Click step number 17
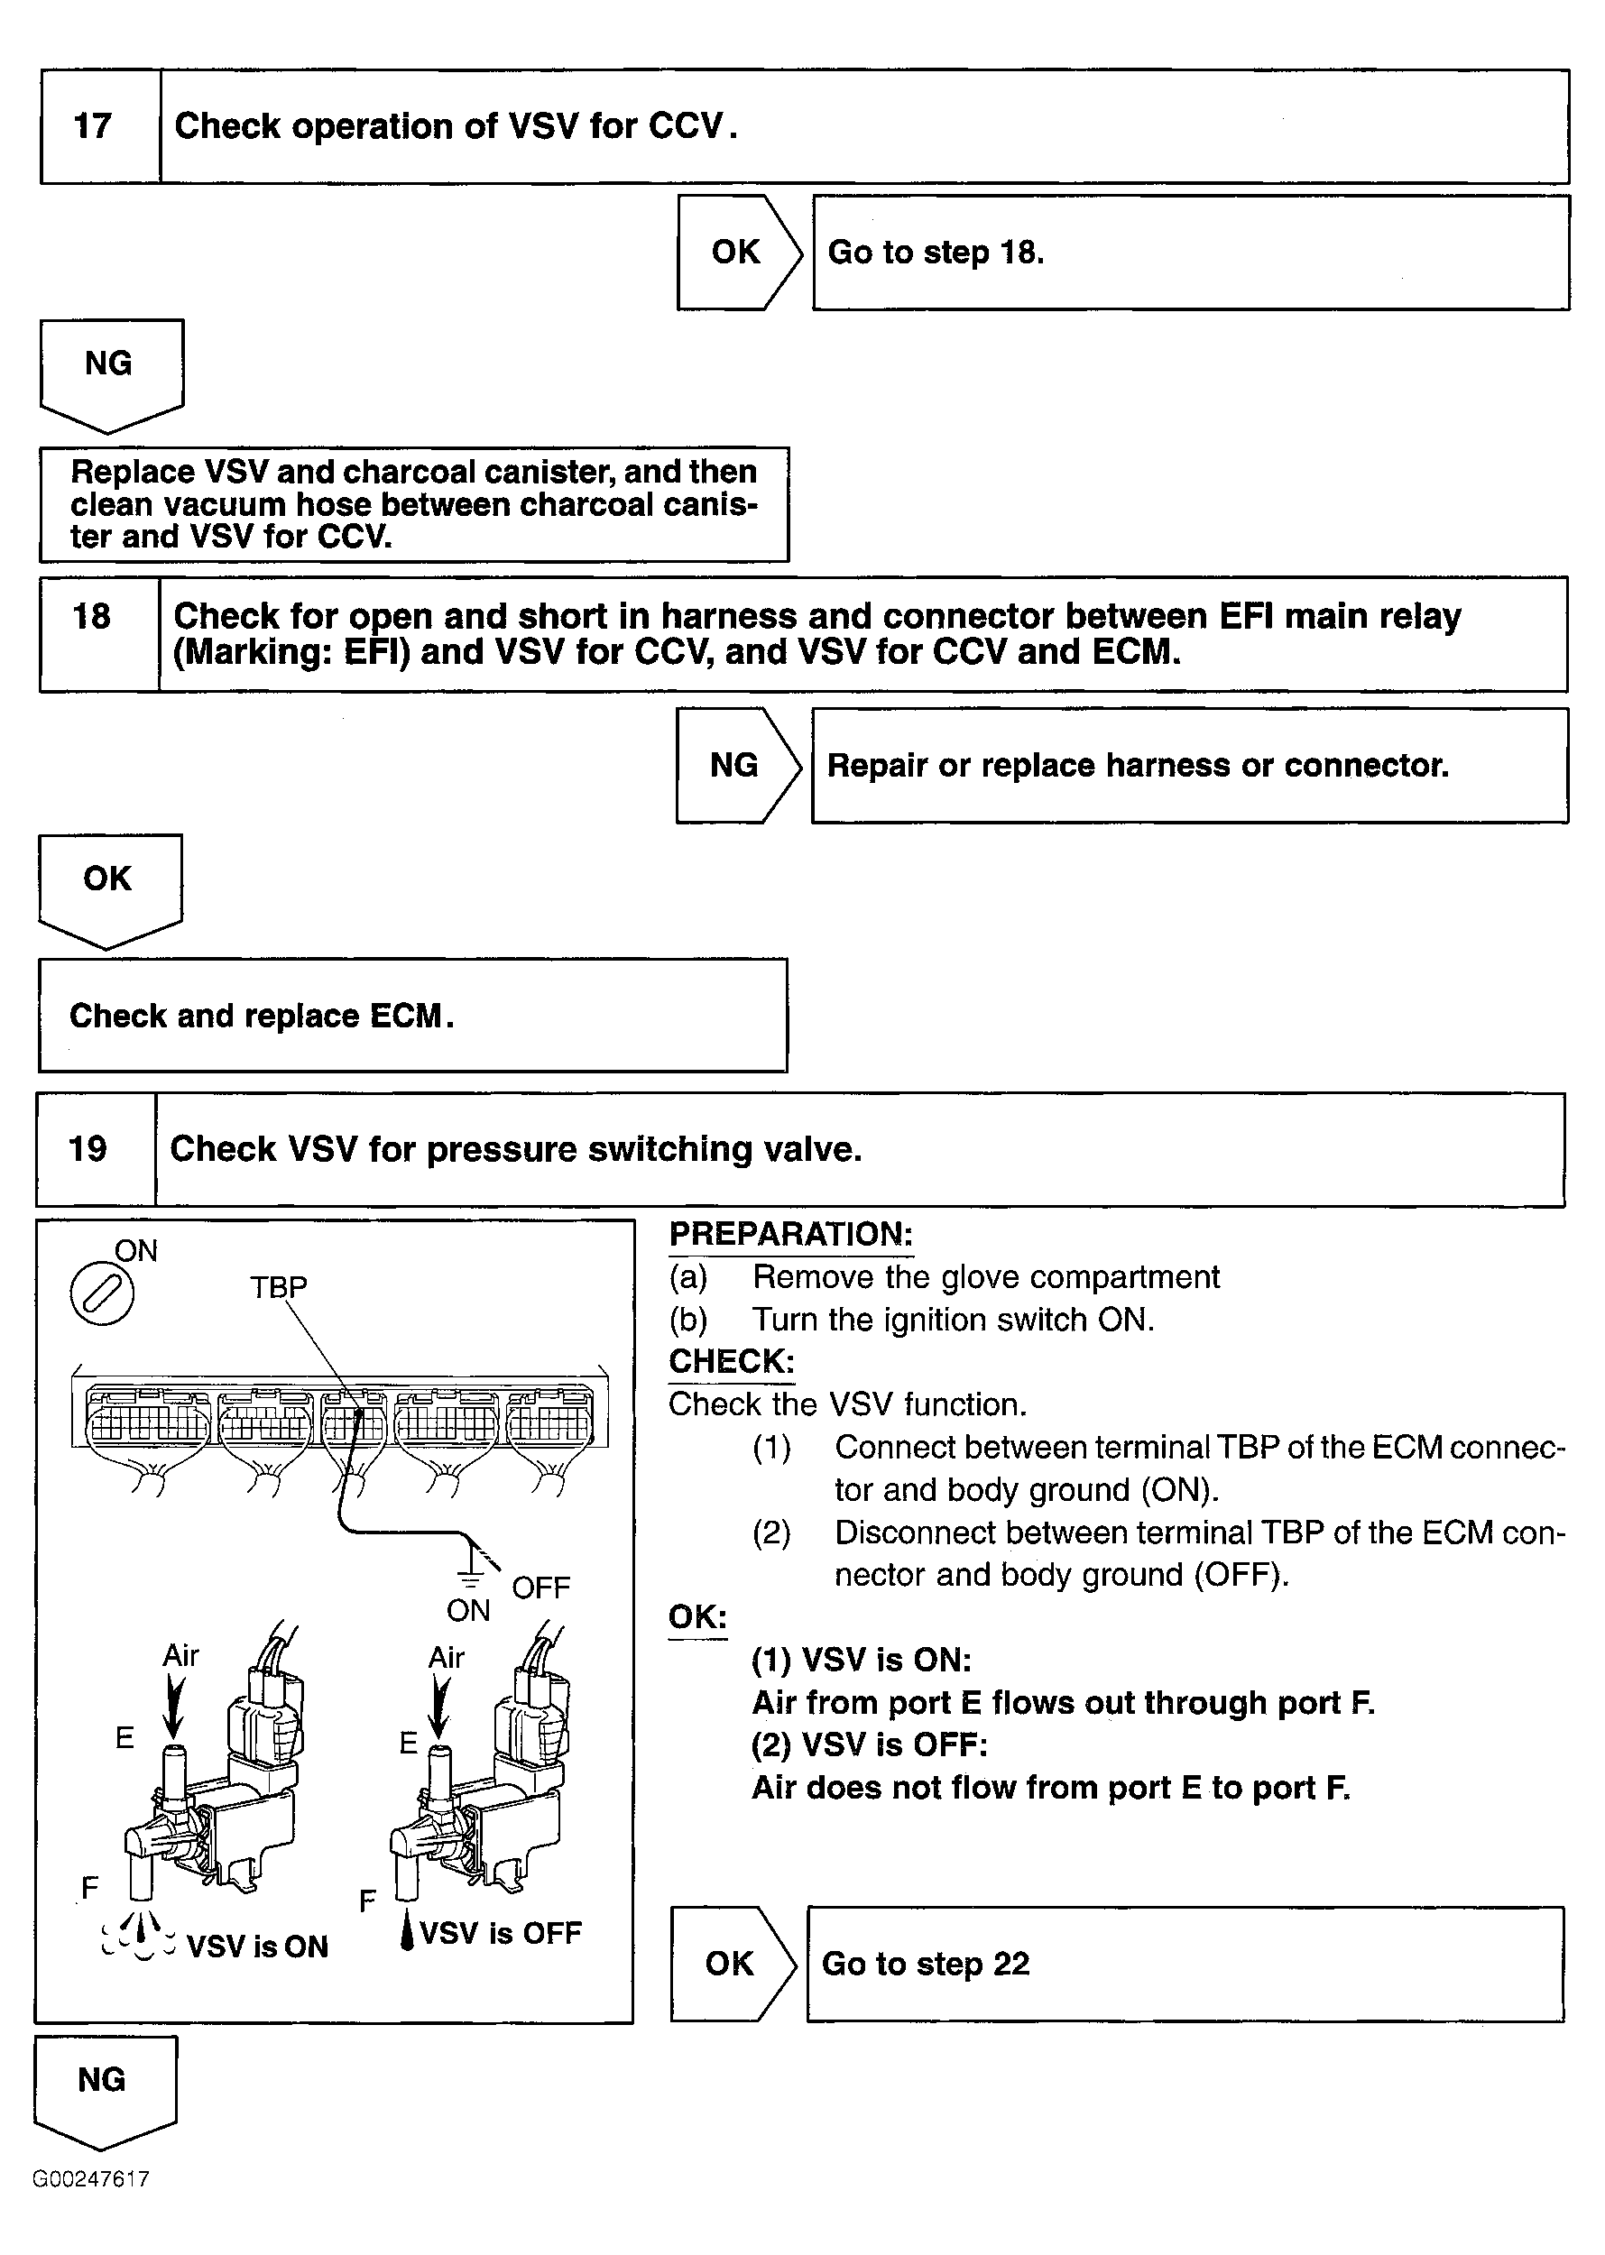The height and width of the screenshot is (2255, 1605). pyautogui.click(x=93, y=126)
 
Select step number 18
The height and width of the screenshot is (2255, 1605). pyautogui.click(x=92, y=617)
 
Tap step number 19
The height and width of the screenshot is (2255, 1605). pyautogui.click(x=88, y=1148)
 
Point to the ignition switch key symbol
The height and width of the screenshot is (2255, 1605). pyautogui.click(x=102, y=1294)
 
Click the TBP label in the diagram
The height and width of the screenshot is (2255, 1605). pyautogui.click(x=278, y=1286)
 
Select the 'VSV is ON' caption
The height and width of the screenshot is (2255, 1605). pyautogui.click(x=257, y=1947)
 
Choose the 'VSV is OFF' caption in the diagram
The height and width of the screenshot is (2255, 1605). pyautogui.click(x=501, y=1933)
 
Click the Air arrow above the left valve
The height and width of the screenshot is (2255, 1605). pyautogui.click(x=174, y=1707)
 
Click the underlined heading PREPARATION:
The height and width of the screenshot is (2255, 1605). pyautogui.click(x=790, y=1234)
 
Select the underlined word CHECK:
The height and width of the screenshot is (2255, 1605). pyautogui.click(x=732, y=1362)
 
